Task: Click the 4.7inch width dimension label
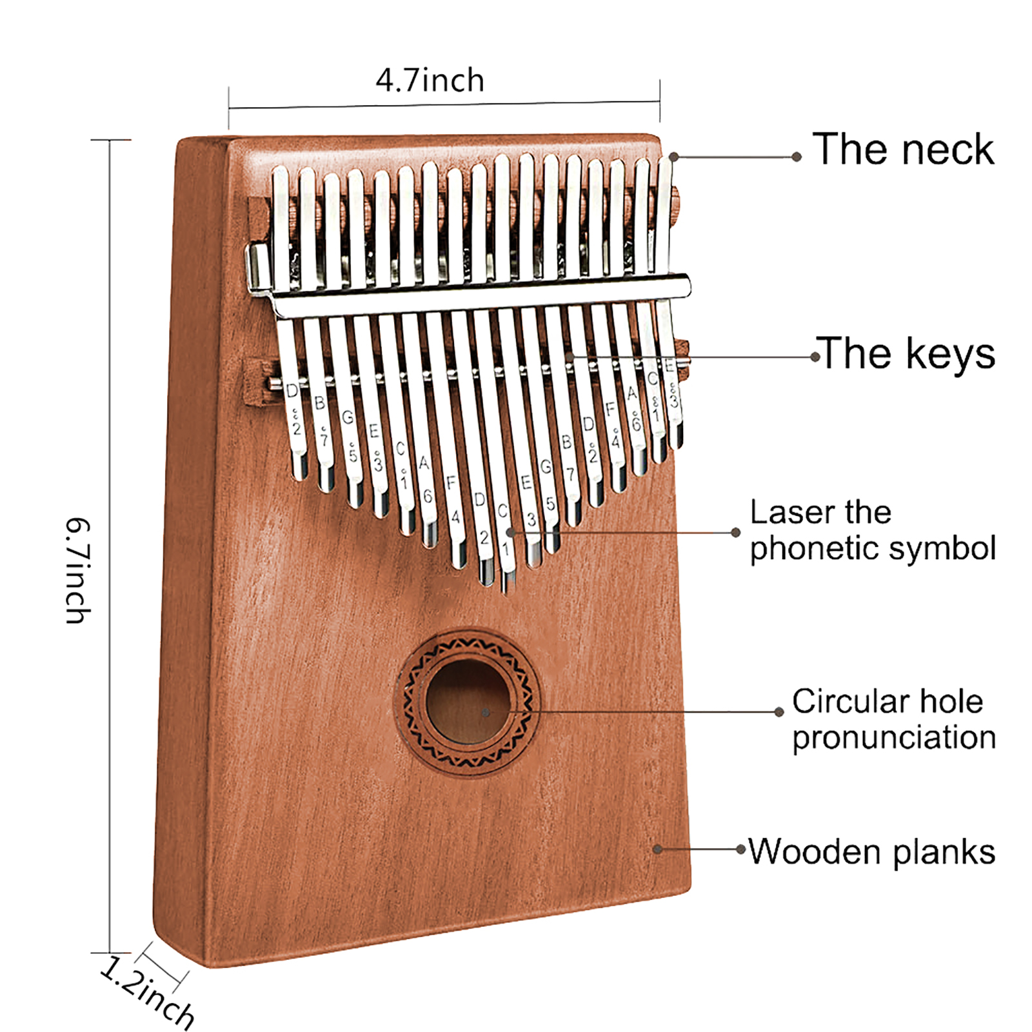[430, 81]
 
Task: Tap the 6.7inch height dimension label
[78, 570]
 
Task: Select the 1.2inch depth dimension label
[147, 993]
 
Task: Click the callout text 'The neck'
[903, 150]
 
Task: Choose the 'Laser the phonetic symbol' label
[872, 530]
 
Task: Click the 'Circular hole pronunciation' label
[893, 719]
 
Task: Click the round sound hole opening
[468, 703]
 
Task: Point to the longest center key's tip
[508, 584]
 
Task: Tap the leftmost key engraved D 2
[293, 413]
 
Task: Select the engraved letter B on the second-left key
[319, 403]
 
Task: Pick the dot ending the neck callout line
[673, 157]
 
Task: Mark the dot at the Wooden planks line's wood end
[657, 849]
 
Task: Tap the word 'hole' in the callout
[951, 701]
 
